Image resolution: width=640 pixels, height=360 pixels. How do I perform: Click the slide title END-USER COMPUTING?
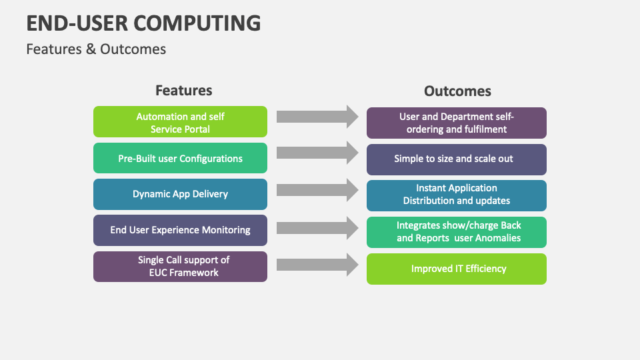tap(143, 23)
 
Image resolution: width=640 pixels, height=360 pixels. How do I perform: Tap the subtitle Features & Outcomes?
tap(96, 49)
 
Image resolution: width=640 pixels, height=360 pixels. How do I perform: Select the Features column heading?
tap(183, 90)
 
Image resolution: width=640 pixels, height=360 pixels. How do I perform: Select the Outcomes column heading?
tap(457, 91)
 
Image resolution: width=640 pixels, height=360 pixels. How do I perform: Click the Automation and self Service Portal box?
tap(180, 122)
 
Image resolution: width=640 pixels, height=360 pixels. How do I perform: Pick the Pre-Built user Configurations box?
tap(180, 159)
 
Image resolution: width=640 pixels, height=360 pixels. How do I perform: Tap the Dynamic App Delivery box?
tap(180, 194)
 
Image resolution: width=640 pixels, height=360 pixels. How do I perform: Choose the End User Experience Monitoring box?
tap(180, 230)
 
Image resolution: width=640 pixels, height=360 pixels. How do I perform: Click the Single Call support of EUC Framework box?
tap(180, 266)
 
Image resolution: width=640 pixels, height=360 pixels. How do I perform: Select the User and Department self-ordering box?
tap(457, 123)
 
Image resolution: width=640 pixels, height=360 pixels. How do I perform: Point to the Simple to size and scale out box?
tap(457, 159)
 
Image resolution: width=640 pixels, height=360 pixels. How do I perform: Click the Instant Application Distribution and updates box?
tap(457, 195)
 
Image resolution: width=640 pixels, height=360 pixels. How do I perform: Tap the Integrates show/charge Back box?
tap(457, 231)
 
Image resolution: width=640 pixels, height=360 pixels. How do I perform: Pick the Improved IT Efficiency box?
tap(457, 269)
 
